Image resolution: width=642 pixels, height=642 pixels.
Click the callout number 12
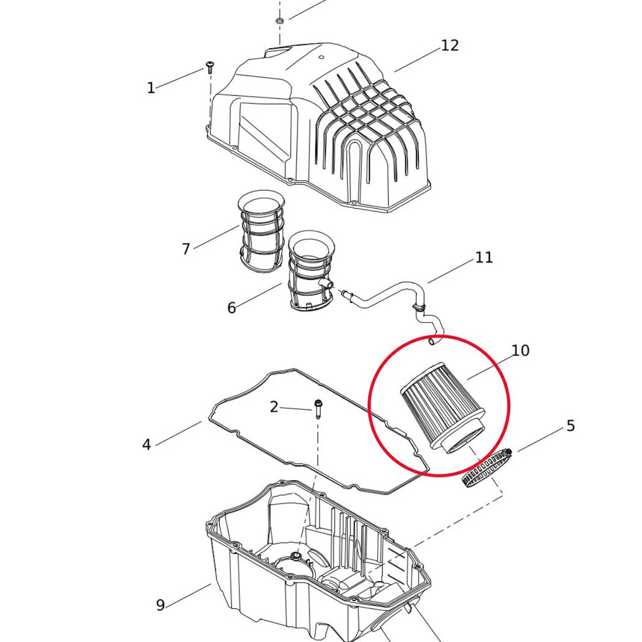pyautogui.click(x=450, y=45)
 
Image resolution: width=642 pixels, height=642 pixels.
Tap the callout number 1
pyautogui.click(x=151, y=88)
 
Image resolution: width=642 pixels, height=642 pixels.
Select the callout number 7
pyautogui.click(x=186, y=249)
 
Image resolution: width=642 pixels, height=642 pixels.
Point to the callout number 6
pyautogui.click(x=232, y=308)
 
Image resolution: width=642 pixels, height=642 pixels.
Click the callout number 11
pyautogui.click(x=484, y=257)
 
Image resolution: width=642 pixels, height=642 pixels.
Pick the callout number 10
pyautogui.click(x=521, y=350)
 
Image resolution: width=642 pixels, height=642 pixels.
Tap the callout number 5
pyautogui.click(x=571, y=426)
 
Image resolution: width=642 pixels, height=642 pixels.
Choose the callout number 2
pyautogui.click(x=274, y=407)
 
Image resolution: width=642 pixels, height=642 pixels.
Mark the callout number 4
pyautogui.click(x=147, y=445)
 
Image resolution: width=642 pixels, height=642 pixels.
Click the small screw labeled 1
pyautogui.click(x=210, y=67)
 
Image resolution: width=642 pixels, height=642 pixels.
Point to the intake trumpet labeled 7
pyautogui.click(x=261, y=235)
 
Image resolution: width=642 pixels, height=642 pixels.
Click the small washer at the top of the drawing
pyautogui.click(x=279, y=21)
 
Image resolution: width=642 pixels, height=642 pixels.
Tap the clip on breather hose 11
pyautogui.click(x=419, y=307)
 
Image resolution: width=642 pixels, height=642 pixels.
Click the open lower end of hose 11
pyautogui.click(x=432, y=342)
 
